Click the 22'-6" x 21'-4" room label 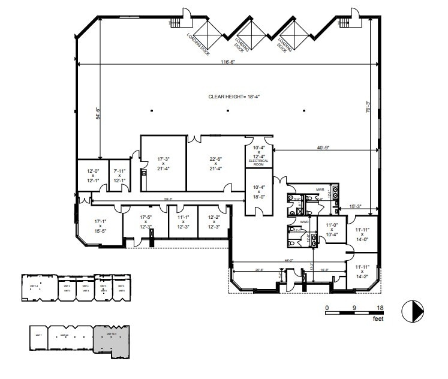215,164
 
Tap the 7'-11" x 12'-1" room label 119,176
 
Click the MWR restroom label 320,189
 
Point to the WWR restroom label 304,221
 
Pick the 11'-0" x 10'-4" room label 332,230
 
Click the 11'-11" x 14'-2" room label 362,272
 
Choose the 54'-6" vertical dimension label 98,113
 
